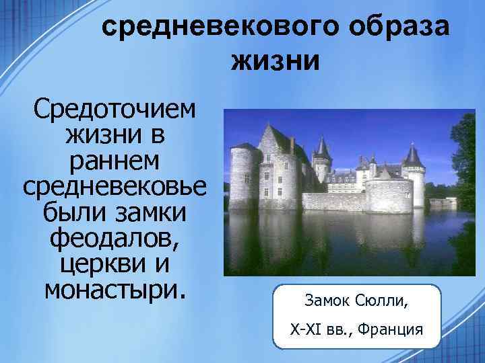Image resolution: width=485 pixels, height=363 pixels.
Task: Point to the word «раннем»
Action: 113,161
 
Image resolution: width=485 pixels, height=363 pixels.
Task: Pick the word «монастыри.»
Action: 113,290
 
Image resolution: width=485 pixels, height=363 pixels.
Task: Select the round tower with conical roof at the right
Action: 412,176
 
